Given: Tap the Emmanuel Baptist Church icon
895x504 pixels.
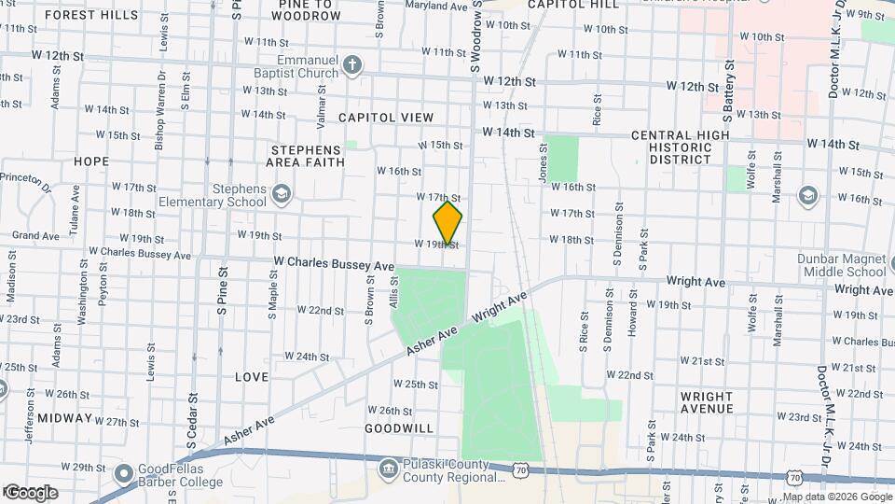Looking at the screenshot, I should pos(351,64).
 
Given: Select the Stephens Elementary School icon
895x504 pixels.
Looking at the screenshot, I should pos(281,194).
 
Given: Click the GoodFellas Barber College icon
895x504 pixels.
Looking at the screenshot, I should pos(123,473).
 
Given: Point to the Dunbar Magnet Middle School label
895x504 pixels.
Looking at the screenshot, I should pos(841,265).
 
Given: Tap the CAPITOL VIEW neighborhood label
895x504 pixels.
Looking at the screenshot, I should pos(386,118).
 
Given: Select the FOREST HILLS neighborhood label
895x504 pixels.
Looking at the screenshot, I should pos(90,16).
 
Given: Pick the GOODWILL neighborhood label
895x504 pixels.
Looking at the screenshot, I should pos(399,428).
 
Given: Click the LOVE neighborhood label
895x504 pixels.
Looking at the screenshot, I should pos(252,377).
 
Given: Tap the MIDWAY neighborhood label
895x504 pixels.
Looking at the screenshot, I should pos(65,419).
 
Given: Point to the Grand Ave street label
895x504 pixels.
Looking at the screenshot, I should pos(35,235).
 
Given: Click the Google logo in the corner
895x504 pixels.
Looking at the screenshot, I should pos(31,492).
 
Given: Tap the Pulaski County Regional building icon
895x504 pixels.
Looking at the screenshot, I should pos(387,466).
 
